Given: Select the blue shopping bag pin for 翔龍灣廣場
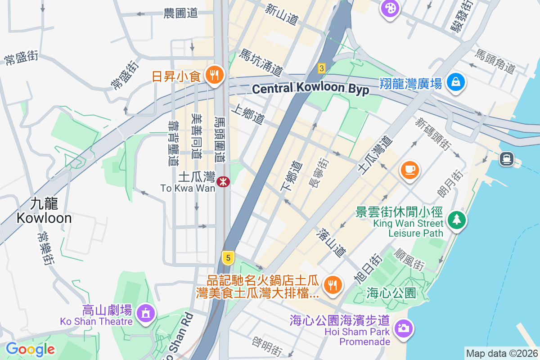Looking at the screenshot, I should point(456,82).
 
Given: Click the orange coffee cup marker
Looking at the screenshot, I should point(409,170).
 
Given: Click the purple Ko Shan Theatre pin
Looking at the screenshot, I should point(145,313).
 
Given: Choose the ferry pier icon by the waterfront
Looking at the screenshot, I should point(507,158).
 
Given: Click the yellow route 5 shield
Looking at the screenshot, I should point(229,258).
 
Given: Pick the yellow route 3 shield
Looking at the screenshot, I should point(321,68).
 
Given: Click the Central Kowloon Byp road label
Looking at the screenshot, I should point(310,89).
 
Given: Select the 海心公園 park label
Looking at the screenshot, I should point(391,293).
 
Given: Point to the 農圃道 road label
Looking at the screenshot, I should point(180,13).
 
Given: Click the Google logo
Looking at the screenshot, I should point(31,349).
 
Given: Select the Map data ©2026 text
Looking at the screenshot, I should point(501,353).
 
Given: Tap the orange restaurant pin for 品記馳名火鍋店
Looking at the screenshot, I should point(333,284).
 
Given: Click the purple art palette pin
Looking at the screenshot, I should point(390,8).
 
